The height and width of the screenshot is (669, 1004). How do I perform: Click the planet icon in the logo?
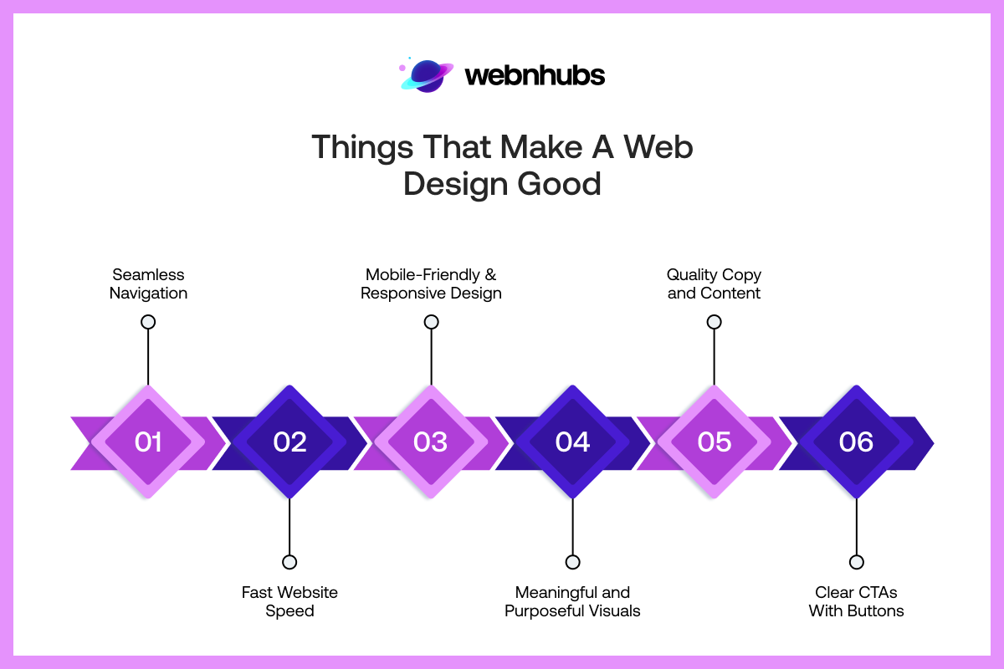coord(428,75)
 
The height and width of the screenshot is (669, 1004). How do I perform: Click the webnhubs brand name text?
coord(534,76)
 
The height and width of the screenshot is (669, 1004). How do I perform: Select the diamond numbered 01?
coord(148,442)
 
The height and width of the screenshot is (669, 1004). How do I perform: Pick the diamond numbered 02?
coord(289,442)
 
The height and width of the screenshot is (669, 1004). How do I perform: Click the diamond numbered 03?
coord(431,442)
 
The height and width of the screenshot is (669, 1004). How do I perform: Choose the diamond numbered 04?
coord(572,442)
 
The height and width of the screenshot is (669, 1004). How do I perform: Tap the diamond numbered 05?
coord(714,442)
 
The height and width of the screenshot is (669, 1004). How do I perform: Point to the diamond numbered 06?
coord(856,442)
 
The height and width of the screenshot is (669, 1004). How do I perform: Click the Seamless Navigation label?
coord(148,283)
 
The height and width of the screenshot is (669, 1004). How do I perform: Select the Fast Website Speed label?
coord(289,601)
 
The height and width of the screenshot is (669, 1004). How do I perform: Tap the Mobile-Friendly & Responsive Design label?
coord(431,283)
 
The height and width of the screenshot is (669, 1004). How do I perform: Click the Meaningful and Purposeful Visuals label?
coord(572,601)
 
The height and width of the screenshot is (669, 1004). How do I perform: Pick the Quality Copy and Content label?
coord(714,283)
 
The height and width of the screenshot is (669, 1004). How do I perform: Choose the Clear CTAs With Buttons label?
coord(856,601)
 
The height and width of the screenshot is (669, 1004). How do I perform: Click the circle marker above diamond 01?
coord(148,322)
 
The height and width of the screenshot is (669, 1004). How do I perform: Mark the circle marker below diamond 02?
coord(289,562)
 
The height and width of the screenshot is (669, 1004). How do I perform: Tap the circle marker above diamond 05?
coord(714,322)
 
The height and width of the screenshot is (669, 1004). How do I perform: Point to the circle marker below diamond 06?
coord(856,562)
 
